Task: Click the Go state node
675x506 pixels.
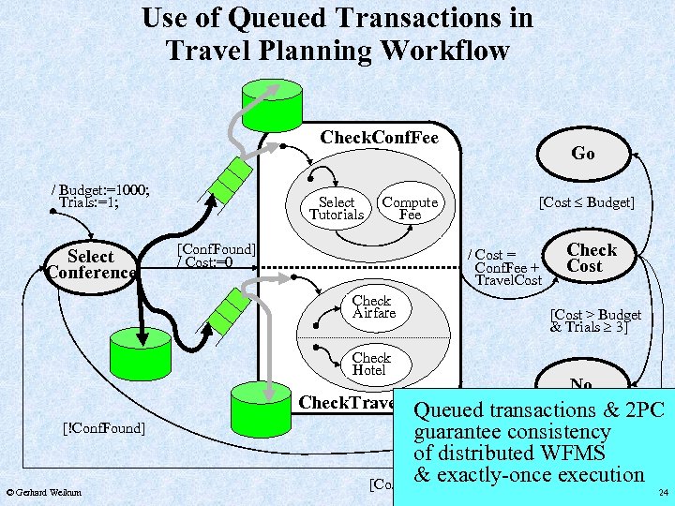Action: (x=582, y=154)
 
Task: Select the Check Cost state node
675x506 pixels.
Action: (x=592, y=258)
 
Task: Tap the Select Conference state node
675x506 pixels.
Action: (x=91, y=264)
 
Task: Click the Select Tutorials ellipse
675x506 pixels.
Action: (x=337, y=208)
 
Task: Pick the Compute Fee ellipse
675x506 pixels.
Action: (x=410, y=208)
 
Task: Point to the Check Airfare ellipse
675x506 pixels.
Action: (x=373, y=307)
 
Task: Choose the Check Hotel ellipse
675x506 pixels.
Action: (x=371, y=365)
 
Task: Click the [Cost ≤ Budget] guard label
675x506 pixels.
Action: (x=585, y=202)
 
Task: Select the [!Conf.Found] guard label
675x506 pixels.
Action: (x=102, y=428)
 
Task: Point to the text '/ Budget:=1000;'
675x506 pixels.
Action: (x=101, y=188)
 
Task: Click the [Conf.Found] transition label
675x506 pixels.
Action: (x=215, y=249)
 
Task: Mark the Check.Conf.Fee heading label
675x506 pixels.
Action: (x=379, y=138)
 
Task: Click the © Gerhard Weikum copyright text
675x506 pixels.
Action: (x=43, y=492)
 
